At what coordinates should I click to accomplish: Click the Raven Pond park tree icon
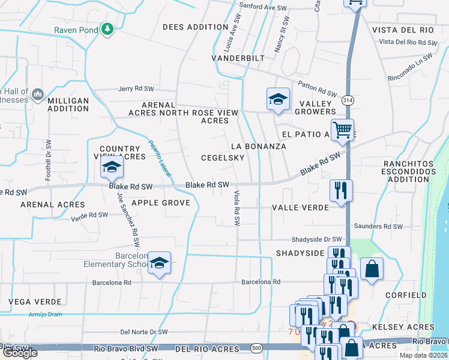tap(107, 28)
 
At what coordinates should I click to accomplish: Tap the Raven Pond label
tap(76, 29)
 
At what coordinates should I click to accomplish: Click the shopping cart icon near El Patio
tap(342, 129)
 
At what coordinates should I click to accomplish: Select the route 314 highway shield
tap(348, 101)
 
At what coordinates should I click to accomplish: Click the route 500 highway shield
tap(257, 348)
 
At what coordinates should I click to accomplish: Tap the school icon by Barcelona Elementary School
tap(160, 263)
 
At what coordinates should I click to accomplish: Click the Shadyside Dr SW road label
tap(316, 239)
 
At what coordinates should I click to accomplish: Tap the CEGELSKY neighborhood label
tap(223, 158)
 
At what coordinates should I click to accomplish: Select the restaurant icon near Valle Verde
tap(341, 191)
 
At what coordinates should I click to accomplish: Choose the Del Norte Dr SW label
tap(144, 331)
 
